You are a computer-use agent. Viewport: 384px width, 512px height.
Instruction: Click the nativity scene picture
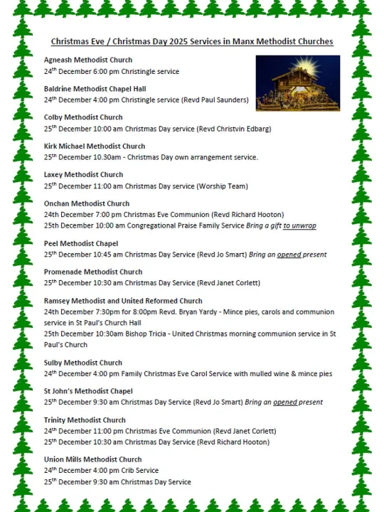pos(297,83)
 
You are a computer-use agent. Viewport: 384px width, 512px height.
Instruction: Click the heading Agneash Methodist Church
pos(88,60)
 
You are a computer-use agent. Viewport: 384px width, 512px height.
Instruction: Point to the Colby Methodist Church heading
pos(83,117)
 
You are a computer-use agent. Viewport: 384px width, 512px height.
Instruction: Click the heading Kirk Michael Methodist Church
pos(95,146)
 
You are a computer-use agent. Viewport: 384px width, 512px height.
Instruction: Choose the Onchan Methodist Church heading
pos(87,204)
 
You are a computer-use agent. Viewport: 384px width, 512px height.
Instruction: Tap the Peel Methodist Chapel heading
pos(81,243)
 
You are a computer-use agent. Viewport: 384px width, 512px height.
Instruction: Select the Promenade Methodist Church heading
pos(93,272)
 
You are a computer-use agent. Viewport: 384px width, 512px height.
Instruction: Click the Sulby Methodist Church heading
pos(83,363)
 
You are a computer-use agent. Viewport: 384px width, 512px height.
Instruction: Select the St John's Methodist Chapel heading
pos(88,391)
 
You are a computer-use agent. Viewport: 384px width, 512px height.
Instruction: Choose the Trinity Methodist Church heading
pos(85,420)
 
